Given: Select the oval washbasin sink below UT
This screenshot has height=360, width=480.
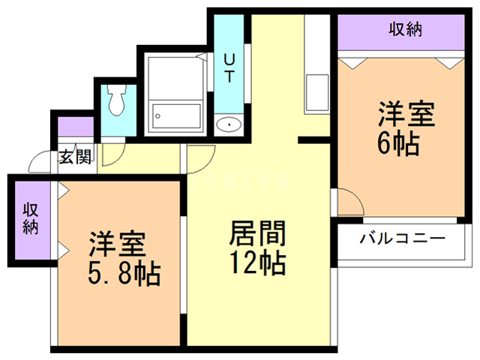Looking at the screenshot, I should (226, 124).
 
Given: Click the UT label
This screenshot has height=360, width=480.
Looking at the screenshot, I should (230, 67).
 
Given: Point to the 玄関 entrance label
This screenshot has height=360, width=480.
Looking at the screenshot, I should (75, 157).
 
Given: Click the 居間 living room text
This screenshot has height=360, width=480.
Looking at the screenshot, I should (256, 235).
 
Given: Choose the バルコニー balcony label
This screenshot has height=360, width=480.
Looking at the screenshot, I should (402, 239).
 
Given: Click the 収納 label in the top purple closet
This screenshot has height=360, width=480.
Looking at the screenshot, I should (406, 30).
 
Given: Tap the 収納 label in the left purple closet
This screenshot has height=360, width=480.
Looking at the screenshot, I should (30, 218).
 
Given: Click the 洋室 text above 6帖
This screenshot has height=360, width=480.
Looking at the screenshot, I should (406, 115).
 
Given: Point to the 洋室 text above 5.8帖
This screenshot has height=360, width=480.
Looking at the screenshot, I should (118, 245).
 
